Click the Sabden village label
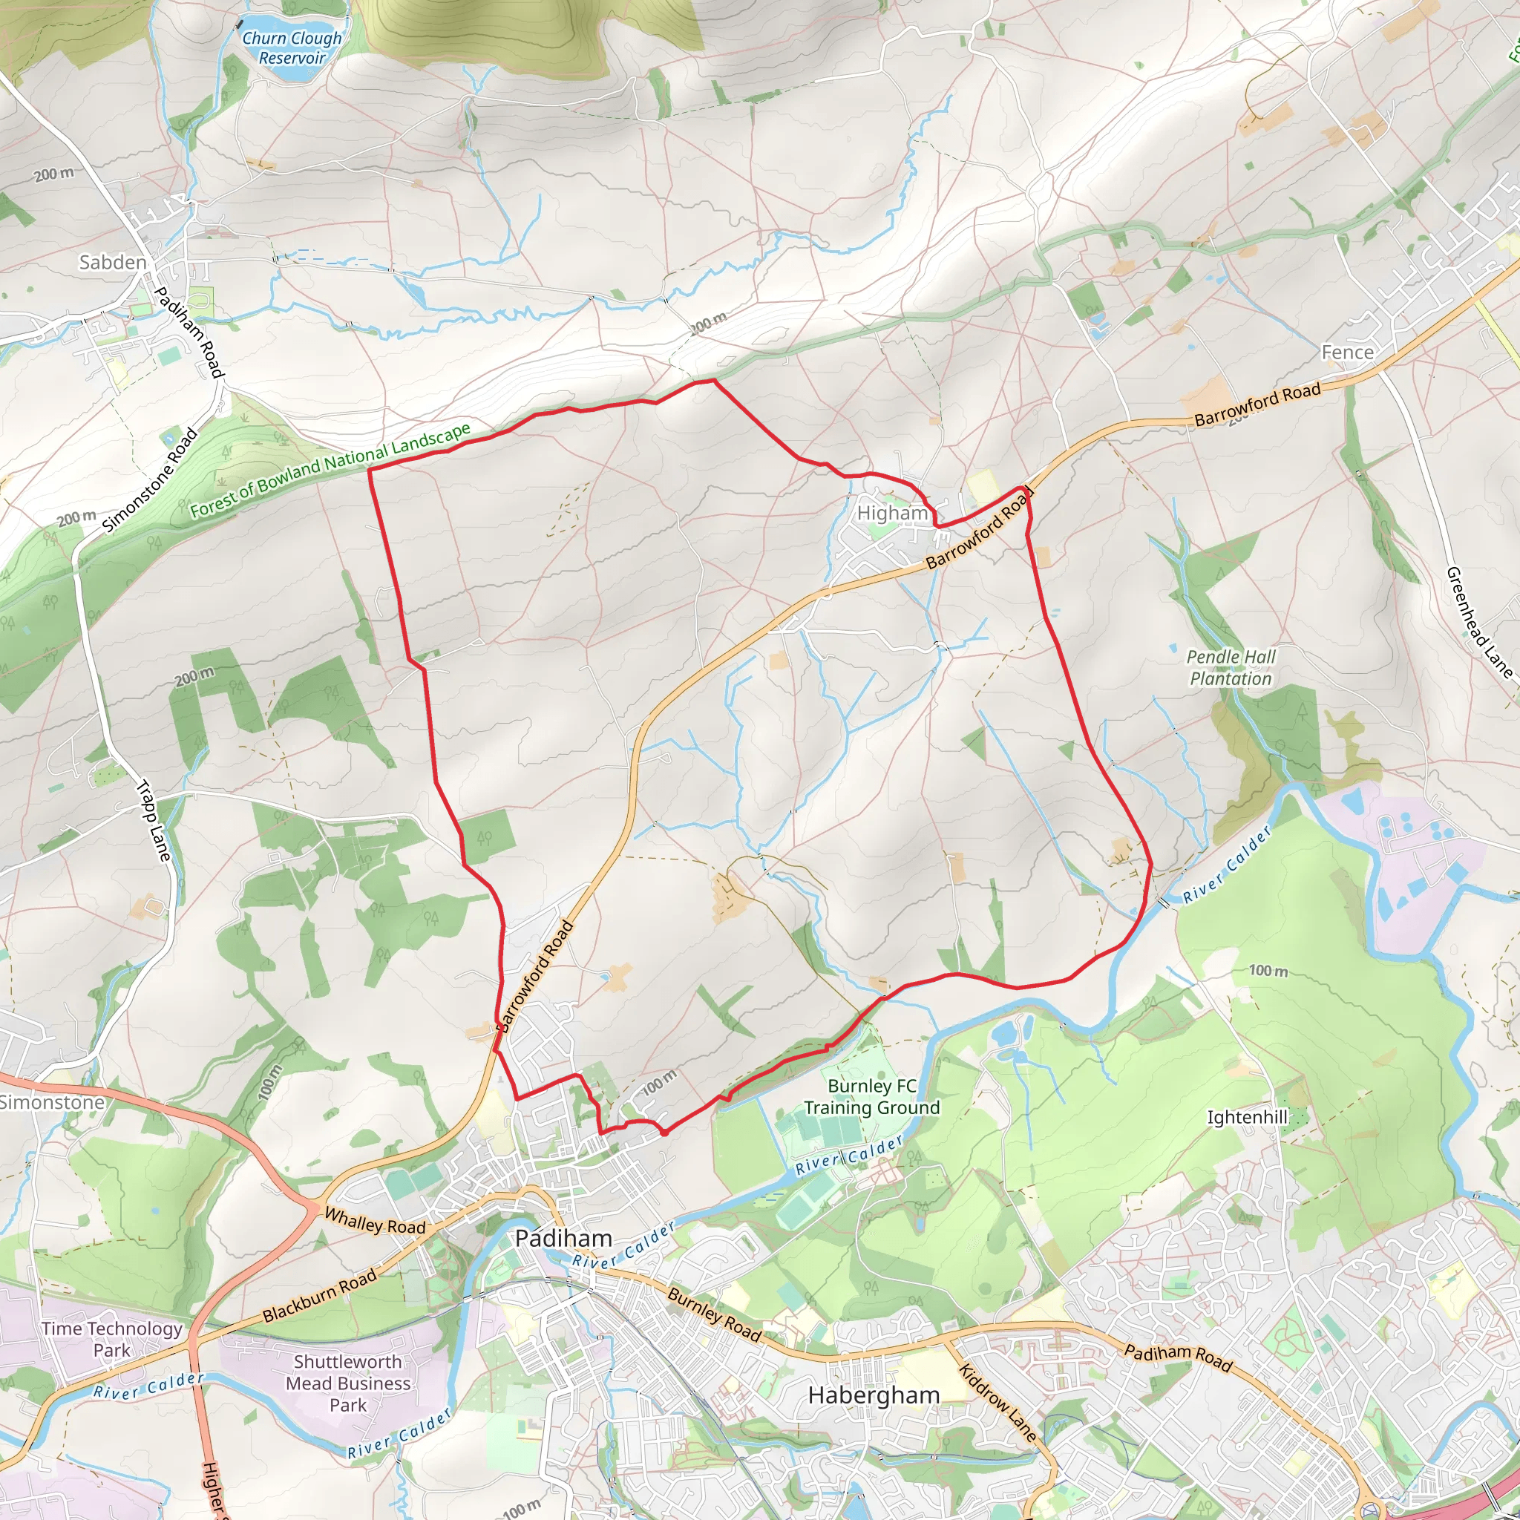click(113, 262)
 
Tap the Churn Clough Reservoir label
click(292, 47)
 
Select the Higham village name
click(892, 513)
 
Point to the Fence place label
click(1347, 353)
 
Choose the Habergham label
click(874, 1395)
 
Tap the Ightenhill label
click(1247, 1117)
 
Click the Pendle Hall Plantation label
click(1231, 667)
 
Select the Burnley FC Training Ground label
click(872, 1097)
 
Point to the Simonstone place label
click(52, 1102)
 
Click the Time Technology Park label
click(112, 1339)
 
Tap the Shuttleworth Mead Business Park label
click(348, 1383)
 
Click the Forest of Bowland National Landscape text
click(330, 470)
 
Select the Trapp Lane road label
click(154, 820)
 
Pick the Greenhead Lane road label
click(1479, 622)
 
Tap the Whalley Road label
click(375, 1221)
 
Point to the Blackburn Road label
click(319, 1296)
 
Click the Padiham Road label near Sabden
click(188, 331)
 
